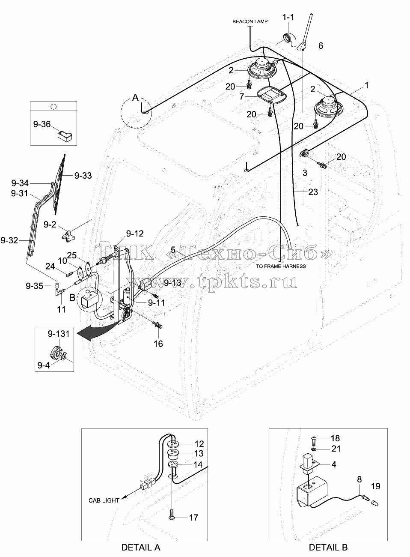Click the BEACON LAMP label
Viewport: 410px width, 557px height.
tap(250, 21)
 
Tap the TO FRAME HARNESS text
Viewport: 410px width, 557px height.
tap(281, 267)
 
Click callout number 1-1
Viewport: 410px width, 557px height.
tap(288, 17)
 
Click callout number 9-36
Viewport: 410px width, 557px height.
tap(42, 124)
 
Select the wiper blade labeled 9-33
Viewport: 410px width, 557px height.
tap(59, 184)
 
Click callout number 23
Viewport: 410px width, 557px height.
tap(313, 192)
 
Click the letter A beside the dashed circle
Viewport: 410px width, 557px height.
tap(135, 97)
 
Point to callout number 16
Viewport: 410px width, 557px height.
tap(158, 344)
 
